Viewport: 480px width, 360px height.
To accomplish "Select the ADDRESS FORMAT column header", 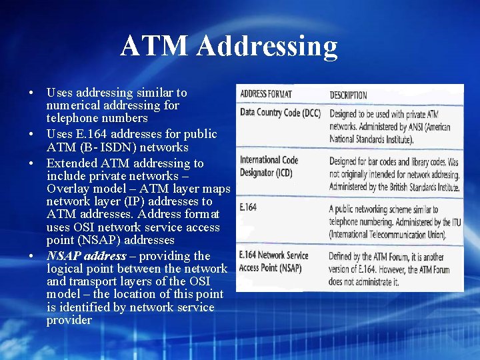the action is click(x=266, y=94).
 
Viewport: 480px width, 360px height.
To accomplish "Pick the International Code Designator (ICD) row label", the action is click(x=269, y=166).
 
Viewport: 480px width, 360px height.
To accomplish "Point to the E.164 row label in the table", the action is click(x=248, y=208).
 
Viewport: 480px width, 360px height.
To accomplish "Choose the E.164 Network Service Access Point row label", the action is click(x=274, y=261).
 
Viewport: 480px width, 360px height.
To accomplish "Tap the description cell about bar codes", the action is click(x=394, y=175).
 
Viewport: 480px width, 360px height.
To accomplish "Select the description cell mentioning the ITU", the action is click(x=393, y=221).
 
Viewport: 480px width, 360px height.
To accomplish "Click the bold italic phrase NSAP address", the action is click(x=86, y=256).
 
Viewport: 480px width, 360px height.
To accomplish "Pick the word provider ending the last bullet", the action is click(x=69, y=320).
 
